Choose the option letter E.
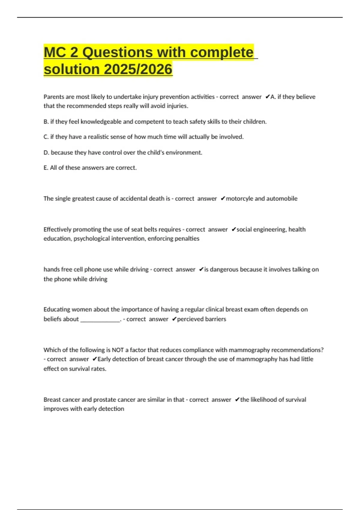46,168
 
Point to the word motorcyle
239,198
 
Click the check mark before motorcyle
223,198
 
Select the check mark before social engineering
234,229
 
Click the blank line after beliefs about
100,319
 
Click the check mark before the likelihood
237,400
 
